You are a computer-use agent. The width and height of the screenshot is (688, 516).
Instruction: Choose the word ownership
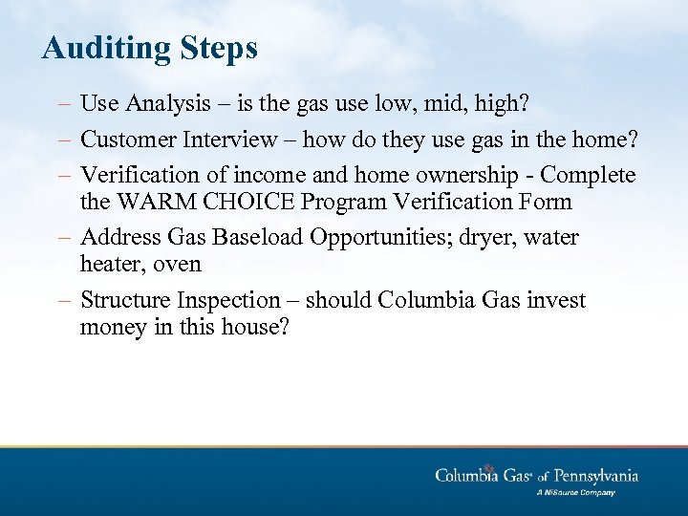point(431,175)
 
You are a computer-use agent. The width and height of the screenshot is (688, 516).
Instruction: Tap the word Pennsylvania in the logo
point(590,476)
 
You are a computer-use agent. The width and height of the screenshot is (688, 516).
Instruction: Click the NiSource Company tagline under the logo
point(575,493)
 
